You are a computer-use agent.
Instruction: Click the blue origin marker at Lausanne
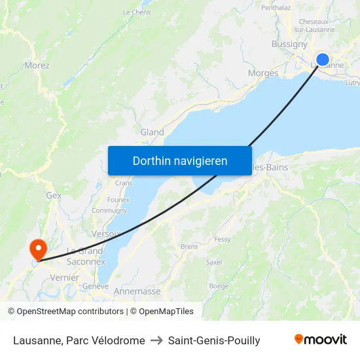pyautogui.click(x=323, y=60)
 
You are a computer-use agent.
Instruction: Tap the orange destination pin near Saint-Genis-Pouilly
pyautogui.click(x=38, y=249)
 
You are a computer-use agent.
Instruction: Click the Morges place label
pyautogui.click(x=263, y=73)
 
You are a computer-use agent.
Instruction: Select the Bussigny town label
pyautogui.click(x=289, y=45)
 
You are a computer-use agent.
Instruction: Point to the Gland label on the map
pyautogui.click(x=152, y=132)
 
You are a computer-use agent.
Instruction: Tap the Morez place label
pyautogui.click(x=37, y=65)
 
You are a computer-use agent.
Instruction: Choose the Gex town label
pyautogui.click(x=54, y=195)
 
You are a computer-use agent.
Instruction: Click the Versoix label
pyautogui.click(x=106, y=234)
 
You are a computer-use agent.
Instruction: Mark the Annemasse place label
pyautogui.click(x=137, y=291)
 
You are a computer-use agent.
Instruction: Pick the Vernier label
pyautogui.click(x=65, y=278)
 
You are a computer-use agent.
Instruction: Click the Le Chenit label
pyautogui.click(x=137, y=12)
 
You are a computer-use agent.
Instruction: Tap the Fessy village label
pyautogui.click(x=223, y=240)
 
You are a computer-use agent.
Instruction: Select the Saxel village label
pyautogui.click(x=214, y=262)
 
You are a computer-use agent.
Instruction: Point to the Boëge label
pyautogui.click(x=219, y=286)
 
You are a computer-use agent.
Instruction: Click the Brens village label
pyautogui.click(x=189, y=247)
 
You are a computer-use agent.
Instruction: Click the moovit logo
pyautogui.click(x=321, y=340)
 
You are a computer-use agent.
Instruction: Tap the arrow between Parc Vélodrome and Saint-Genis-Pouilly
pyautogui.click(x=156, y=340)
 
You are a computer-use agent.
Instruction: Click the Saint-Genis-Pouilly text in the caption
pyautogui.click(x=214, y=340)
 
